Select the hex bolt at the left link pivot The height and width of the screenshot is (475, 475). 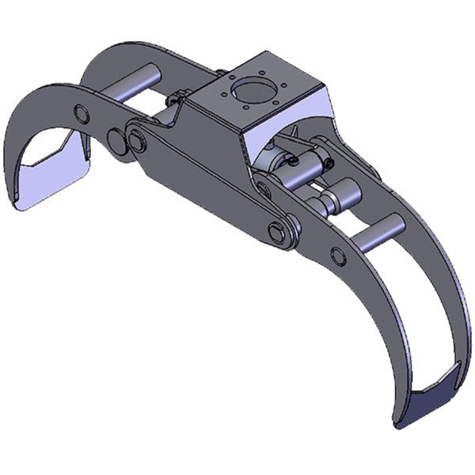(x=139, y=143)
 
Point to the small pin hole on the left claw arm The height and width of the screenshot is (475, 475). (x=80, y=111)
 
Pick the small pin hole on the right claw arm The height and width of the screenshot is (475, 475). (x=338, y=256)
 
